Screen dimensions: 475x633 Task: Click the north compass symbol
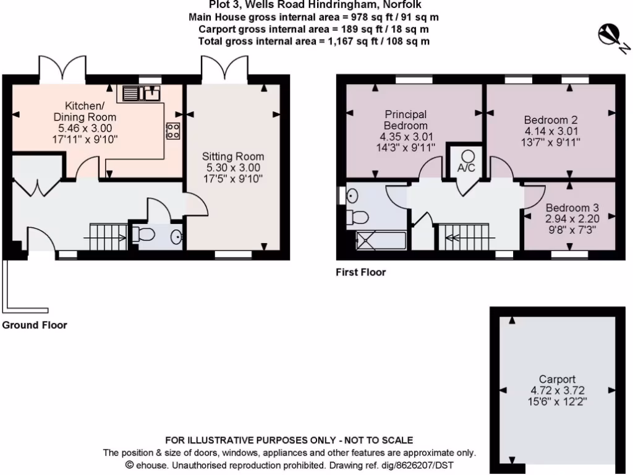point(611,36)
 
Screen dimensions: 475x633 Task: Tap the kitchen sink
point(142,93)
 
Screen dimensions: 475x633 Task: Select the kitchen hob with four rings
point(172,131)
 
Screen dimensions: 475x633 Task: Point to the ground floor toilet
point(143,236)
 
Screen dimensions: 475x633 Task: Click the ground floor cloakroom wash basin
point(176,236)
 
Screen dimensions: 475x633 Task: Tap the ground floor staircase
point(109,236)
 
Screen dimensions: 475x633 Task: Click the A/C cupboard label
point(467,168)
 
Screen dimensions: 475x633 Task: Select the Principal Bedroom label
point(406,120)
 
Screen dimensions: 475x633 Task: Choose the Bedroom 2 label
point(551,119)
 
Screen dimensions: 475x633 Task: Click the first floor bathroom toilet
point(358,217)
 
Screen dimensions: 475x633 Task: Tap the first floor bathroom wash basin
point(351,195)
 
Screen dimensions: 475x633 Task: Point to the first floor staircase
point(463,236)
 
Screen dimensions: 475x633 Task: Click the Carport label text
point(557,379)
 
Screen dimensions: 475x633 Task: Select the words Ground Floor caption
point(35,325)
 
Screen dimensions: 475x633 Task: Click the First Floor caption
point(360,272)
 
